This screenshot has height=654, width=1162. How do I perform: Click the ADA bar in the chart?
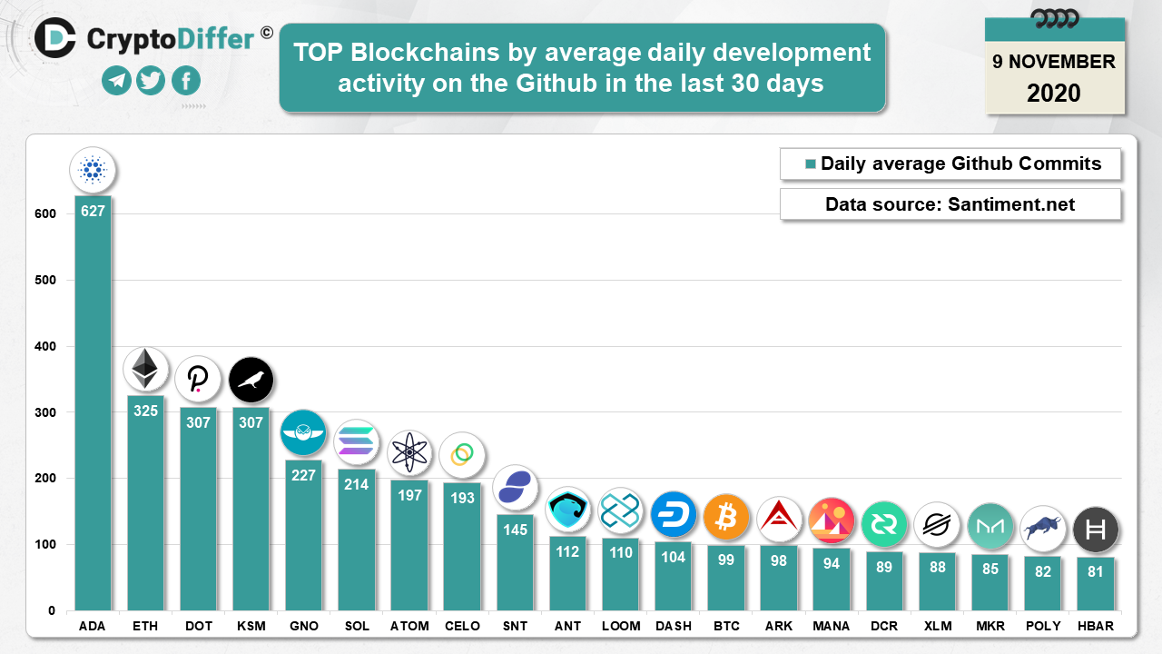pos(93,409)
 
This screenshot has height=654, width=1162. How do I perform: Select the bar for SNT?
pos(515,563)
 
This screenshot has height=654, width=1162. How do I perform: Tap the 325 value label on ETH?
pos(145,411)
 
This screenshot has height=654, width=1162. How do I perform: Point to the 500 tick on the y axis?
pos(44,281)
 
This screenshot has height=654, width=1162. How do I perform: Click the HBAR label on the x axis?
pos(1095,627)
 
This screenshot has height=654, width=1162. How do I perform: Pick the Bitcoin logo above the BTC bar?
pos(726,517)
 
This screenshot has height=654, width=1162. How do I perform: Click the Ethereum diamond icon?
pos(145,370)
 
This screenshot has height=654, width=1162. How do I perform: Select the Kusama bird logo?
pos(251,381)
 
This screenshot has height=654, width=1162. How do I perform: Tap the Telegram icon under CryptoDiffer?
pos(116,81)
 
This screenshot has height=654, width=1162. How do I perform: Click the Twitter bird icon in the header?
pos(151,81)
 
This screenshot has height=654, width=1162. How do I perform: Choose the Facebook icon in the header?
pos(185,81)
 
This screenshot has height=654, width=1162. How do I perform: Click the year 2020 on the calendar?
pos(1054,93)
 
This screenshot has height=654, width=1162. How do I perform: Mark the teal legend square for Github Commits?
pos(811,164)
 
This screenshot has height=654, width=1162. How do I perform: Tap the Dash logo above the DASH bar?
pos(674,514)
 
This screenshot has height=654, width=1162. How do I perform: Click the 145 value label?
pos(515,530)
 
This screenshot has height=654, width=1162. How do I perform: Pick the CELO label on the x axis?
pos(462,627)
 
